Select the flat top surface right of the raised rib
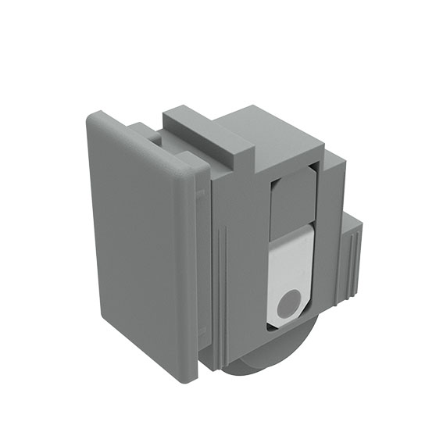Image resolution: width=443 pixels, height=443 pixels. (270, 129)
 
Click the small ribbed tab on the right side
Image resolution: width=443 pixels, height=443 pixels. (352, 258)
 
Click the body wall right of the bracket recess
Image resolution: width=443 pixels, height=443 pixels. (329, 234)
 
